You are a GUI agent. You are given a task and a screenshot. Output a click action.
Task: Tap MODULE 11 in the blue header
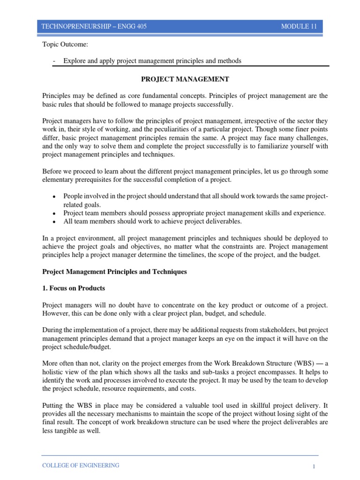coord(299,27)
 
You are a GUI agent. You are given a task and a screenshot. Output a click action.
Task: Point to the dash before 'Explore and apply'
coord(55,61)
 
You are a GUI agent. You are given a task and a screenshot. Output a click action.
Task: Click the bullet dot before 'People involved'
coord(55,196)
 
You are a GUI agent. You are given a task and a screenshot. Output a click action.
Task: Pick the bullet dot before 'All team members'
coord(55,222)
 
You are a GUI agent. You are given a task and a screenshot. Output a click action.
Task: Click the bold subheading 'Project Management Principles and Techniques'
coord(114,272)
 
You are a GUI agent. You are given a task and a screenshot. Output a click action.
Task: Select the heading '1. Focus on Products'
coord(74,288)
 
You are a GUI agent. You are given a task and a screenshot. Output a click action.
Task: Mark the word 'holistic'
coord(53,374)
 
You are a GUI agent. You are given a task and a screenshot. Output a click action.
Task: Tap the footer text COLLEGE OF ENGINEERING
coord(81,465)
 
